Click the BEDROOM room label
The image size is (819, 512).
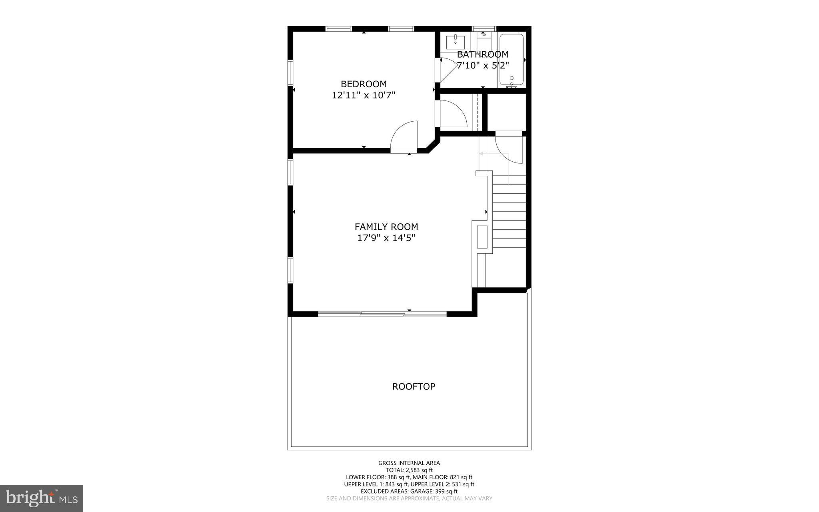click(364, 84)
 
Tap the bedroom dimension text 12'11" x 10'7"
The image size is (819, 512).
click(364, 95)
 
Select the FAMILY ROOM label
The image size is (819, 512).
click(386, 227)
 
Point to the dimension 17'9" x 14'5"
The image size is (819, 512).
click(386, 238)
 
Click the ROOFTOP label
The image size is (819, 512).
click(413, 387)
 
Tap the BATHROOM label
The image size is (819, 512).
click(483, 54)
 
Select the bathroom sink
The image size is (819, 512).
click(455, 41)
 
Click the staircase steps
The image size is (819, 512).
click(509, 212)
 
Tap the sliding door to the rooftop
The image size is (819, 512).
click(382, 314)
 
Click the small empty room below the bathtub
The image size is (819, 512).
click(506, 112)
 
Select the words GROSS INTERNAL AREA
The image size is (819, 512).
click(409, 463)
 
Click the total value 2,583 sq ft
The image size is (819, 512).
click(419, 470)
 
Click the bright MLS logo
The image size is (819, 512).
click(42, 498)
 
